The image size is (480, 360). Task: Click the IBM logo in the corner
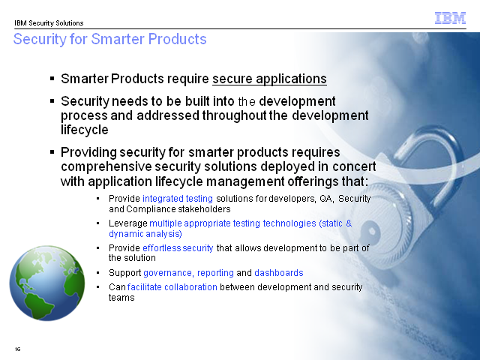coord(450,18)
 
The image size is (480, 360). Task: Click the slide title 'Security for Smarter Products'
coord(110,39)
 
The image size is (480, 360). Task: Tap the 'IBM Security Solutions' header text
coord(49,23)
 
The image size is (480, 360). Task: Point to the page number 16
coord(18,349)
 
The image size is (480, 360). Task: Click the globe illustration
coord(47,283)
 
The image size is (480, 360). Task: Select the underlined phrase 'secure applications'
coord(269,79)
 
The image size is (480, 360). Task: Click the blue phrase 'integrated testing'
coord(178,199)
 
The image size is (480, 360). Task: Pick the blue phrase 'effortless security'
coord(178,247)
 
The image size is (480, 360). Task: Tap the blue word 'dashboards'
coord(279,273)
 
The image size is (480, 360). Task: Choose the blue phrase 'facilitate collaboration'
coord(172,287)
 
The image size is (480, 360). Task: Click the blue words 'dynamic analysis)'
coord(145,234)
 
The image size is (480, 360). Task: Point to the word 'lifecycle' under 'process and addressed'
coord(85,130)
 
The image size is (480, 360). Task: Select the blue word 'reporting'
coord(215,273)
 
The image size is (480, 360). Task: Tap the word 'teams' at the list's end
coord(121,298)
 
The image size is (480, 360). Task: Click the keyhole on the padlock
coord(371,231)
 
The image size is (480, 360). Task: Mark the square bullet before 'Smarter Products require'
coord(52,79)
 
